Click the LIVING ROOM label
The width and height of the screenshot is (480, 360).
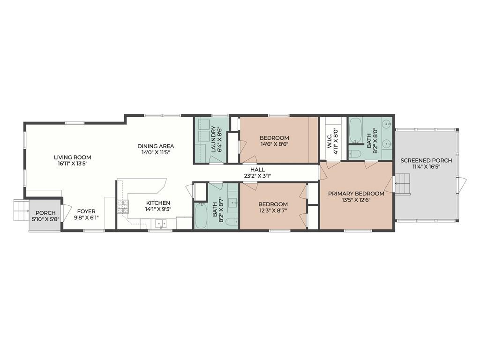coord(72,157)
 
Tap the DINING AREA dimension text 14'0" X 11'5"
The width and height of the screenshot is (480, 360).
coord(156,152)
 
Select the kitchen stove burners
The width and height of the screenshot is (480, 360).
coord(122,206)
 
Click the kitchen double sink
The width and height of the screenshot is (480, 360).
coord(161,224)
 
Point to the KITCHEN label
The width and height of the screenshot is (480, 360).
coord(158,202)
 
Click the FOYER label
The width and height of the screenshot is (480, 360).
coord(86,211)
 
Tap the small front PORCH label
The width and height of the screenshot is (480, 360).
coord(45,213)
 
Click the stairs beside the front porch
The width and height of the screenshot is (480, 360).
coord(21,210)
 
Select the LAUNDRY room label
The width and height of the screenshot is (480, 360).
coord(213,139)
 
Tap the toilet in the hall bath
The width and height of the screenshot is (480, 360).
coord(233,221)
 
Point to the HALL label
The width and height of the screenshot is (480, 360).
coord(257,169)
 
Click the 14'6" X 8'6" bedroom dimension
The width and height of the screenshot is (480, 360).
coord(274,144)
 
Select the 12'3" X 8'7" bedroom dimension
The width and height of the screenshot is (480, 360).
coord(273,210)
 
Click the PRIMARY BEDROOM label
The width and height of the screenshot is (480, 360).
coord(356,194)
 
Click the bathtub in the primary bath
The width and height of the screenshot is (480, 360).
coord(355,131)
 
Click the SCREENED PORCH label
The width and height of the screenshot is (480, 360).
coord(426,160)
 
